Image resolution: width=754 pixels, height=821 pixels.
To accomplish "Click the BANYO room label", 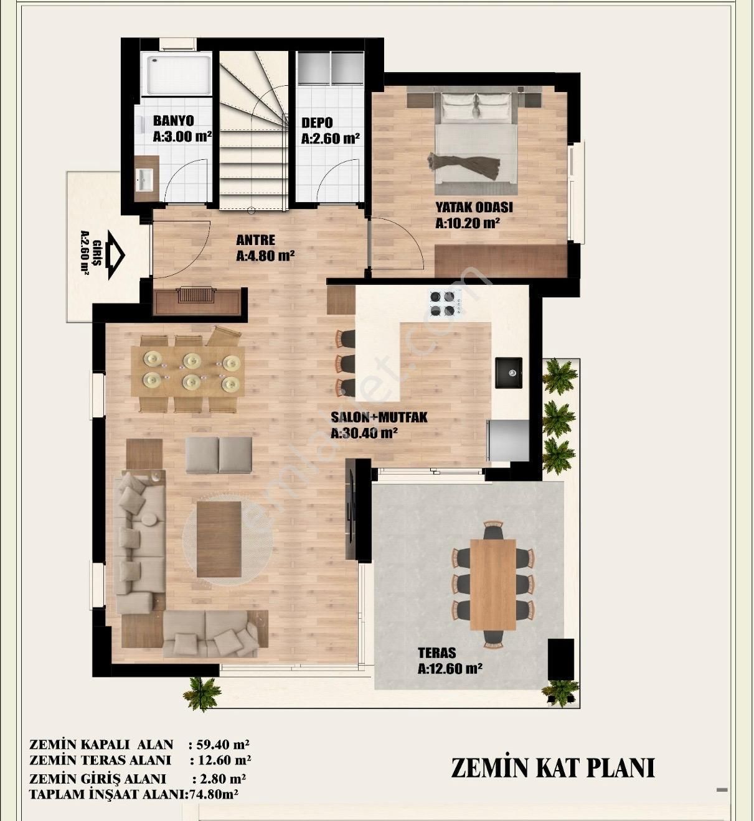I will pyautogui.click(x=173, y=121).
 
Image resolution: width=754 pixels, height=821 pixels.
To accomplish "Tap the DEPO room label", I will pyautogui.click(x=317, y=123).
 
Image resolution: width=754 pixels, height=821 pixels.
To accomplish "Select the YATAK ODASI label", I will pyautogui.click(x=474, y=208).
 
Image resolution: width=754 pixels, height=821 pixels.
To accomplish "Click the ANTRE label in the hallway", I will pyautogui.click(x=255, y=240).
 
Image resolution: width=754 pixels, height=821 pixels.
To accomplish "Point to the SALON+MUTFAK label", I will pyautogui.click(x=379, y=417).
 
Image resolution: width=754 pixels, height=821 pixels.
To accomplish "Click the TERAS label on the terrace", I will pyautogui.click(x=436, y=653).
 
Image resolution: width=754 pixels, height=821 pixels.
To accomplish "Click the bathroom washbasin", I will pyautogui.click(x=144, y=179).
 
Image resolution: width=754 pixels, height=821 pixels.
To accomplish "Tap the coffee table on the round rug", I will pyautogui.click(x=219, y=539).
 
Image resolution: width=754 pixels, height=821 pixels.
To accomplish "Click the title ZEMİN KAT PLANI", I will pyautogui.click(x=552, y=768).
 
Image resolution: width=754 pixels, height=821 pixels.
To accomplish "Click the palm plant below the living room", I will pyautogui.click(x=202, y=692).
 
